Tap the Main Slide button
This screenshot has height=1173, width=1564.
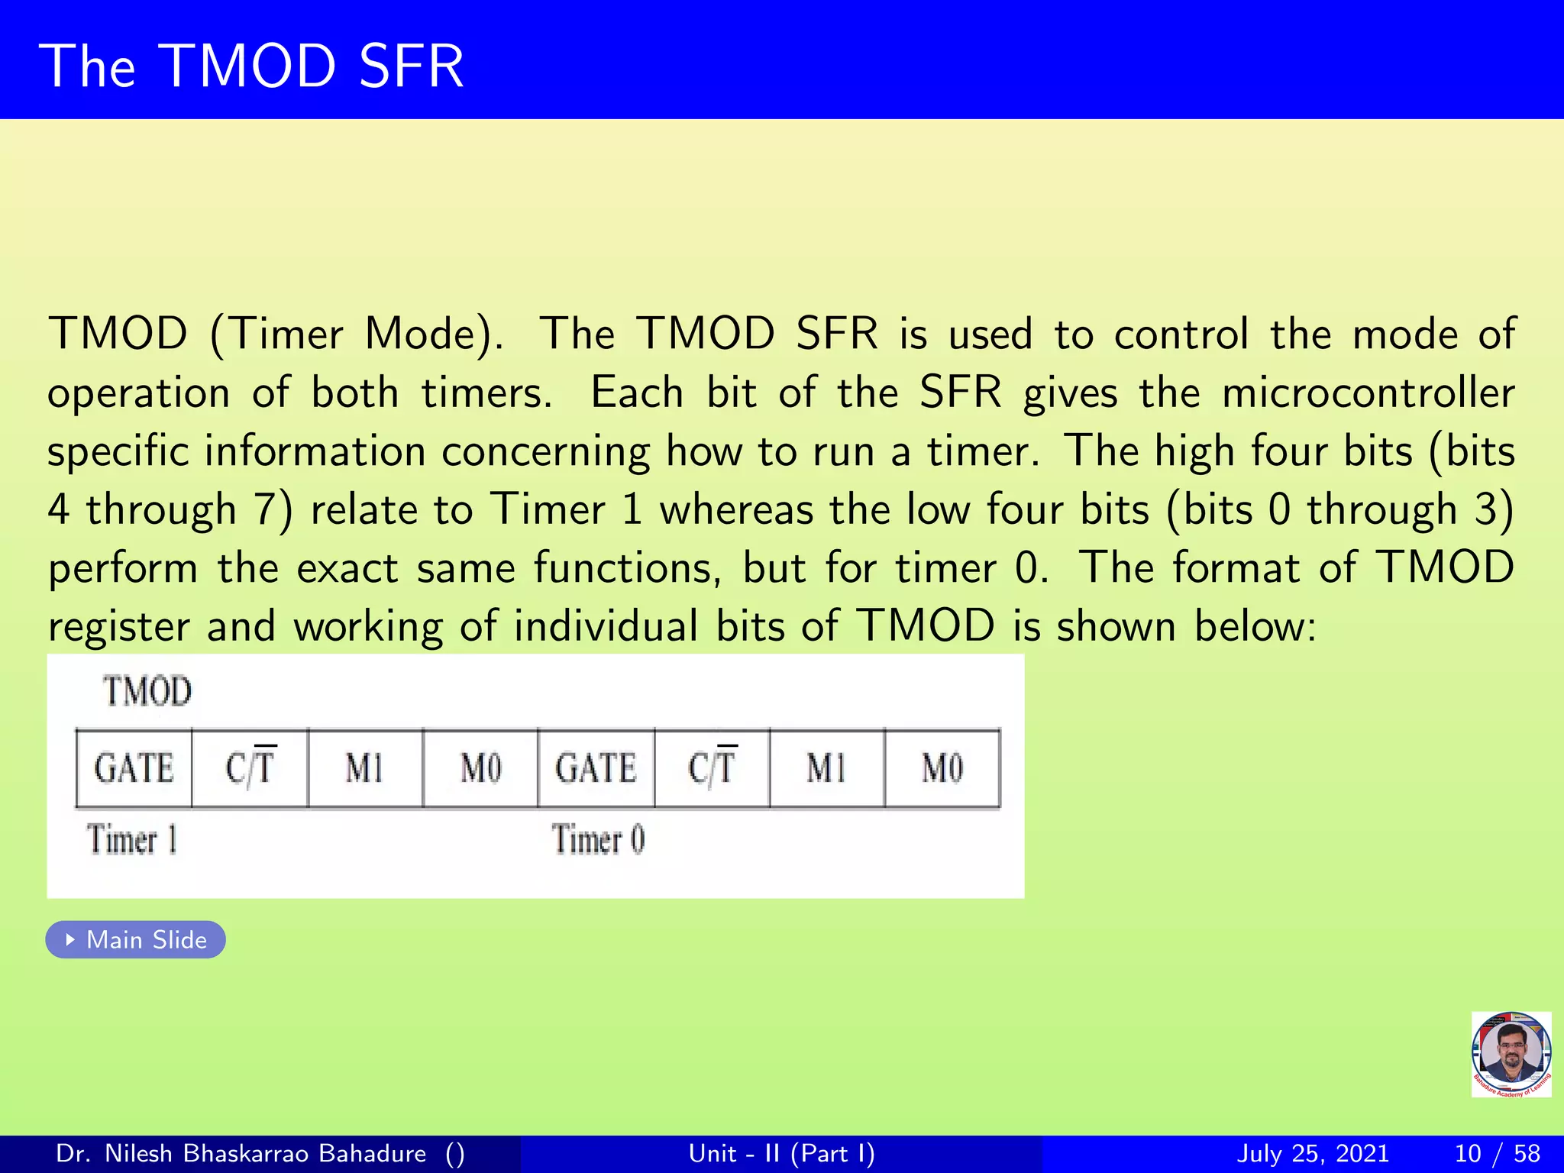pyautogui.click(x=136, y=939)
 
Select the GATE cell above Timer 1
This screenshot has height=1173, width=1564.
pyautogui.click(x=134, y=768)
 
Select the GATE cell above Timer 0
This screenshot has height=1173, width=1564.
pyautogui.click(x=596, y=768)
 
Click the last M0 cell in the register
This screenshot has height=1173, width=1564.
pyautogui.click(x=942, y=768)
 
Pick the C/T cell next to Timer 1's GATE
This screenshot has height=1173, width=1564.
pyautogui.click(x=250, y=768)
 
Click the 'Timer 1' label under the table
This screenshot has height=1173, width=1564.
pyautogui.click(x=132, y=839)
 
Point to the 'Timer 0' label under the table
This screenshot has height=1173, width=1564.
pyautogui.click(x=598, y=839)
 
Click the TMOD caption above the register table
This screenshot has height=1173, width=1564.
pyautogui.click(x=147, y=691)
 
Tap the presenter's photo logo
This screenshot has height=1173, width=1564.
pyautogui.click(x=1511, y=1054)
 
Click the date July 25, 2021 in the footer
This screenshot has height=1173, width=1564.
pyautogui.click(x=1312, y=1153)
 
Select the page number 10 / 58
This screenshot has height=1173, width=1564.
pyautogui.click(x=1497, y=1153)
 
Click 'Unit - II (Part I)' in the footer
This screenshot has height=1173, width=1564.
pyautogui.click(x=781, y=1153)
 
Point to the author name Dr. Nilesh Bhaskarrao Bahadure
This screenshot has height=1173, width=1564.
pyautogui.click(x=241, y=1153)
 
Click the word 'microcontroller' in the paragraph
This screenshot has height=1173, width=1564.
pyautogui.click(x=1368, y=393)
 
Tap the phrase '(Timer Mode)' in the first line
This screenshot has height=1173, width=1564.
pyautogui.click(x=357, y=334)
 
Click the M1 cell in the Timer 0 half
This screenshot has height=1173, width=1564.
pyautogui.click(x=826, y=768)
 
